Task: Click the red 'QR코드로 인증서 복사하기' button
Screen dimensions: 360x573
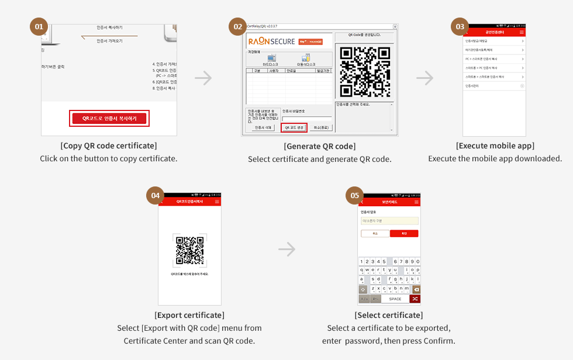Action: pyautogui.click(x=109, y=118)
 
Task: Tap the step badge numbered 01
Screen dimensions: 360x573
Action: pyautogui.click(x=39, y=26)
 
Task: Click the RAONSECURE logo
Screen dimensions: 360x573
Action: pyautogui.click(x=272, y=41)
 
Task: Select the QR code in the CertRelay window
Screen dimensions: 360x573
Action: pyautogui.click(x=365, y=71)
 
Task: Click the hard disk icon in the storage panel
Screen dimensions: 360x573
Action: pyautogui.click(x=271, y=59)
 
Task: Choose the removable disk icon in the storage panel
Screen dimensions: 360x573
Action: pyautogui.click(x=305, y=59)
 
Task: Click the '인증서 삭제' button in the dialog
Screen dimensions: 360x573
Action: pyautogui.click(x=263, y=127)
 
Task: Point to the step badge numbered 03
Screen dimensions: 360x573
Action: pyautogui.click(x=460, y=26)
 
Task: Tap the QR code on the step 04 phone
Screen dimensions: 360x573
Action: pyautogui.click(x=189, y=250)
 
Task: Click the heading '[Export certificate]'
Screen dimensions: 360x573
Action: pyautogui.click(x=189, y=315)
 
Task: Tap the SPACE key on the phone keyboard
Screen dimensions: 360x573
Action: pyautogui.click(x=395, y=299)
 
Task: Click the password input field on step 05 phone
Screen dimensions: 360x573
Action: pyautogui.click(x=389, y=221)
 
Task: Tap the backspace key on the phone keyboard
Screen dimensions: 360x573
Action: pyautogui.click(x=416, y=289)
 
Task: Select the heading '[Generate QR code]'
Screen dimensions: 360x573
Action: pyautogui.click(x=319, y=146)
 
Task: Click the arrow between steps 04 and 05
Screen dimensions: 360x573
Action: pyautogui.click(x=286, y=250)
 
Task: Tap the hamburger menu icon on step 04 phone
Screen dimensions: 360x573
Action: pyautogui.click(x=218, y=201)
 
